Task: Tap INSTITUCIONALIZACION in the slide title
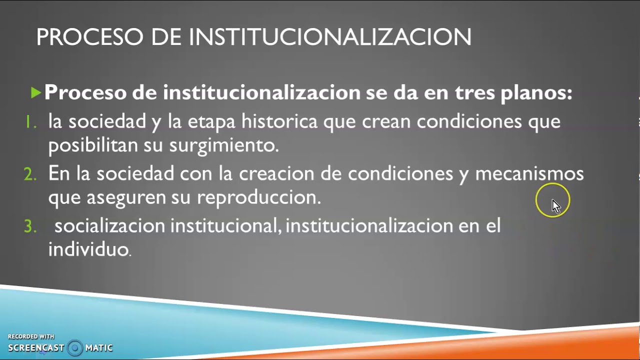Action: point(329,37)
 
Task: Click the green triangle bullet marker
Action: point(35,92)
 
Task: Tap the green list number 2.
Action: point(30,174)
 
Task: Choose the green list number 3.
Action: point(30,226)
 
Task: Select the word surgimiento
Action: point(223,145)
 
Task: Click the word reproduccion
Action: point(258,197)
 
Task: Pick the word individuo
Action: point(89,249)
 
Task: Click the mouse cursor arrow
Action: point(555,205)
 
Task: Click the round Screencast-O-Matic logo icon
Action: point(75,348)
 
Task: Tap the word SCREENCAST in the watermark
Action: point(36,348)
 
